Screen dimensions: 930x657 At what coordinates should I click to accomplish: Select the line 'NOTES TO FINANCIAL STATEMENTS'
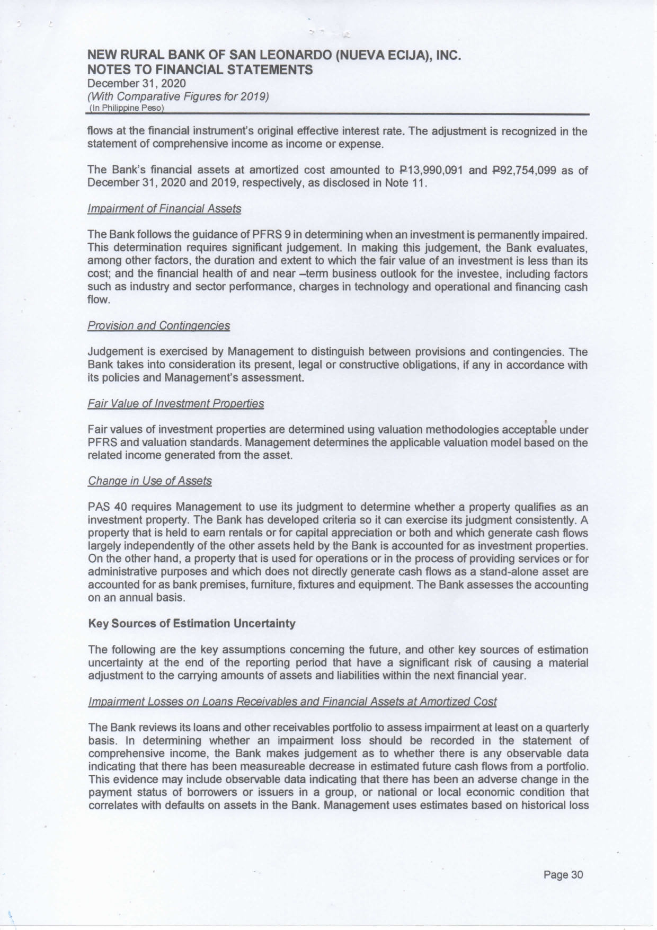coord(200,70)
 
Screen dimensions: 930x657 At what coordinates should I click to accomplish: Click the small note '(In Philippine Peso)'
coord(127,108)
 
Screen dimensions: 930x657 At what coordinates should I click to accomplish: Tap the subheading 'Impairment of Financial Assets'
coord(164,209)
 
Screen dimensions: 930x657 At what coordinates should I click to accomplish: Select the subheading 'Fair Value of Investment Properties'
coord(175,404)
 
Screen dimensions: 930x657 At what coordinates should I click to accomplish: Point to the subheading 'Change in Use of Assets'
coord(149,481)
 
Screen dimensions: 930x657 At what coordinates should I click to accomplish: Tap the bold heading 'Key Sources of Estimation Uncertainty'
coord(191,624)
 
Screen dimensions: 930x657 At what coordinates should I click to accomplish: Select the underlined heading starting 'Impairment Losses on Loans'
coord(292,702)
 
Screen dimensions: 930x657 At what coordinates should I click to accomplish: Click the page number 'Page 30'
coord(563,875)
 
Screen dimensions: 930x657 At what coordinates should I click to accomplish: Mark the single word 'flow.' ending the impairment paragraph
coord(99,300)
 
